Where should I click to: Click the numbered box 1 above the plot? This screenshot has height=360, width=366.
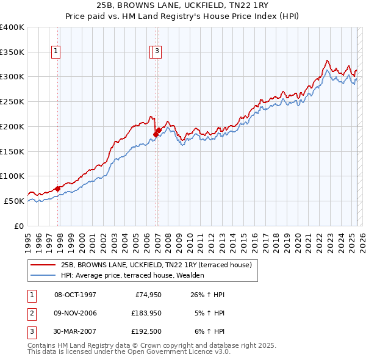[56, 52]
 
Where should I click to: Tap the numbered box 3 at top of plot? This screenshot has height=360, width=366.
[157, 52]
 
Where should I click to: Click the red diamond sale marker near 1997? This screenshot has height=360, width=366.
[57, 189]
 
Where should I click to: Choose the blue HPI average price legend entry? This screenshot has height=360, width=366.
[132, 275]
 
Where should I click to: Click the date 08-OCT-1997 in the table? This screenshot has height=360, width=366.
[75, 295]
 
